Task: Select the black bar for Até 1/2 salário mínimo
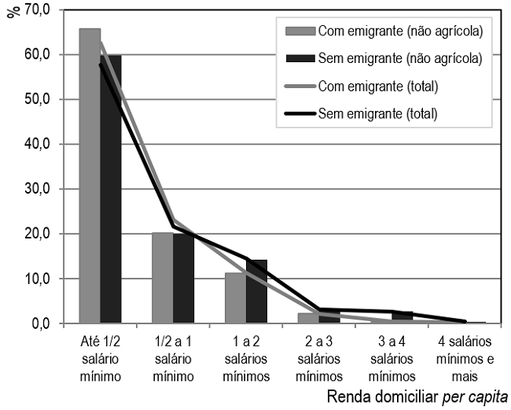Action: [111, 189]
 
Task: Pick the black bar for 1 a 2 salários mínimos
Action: [256, 291]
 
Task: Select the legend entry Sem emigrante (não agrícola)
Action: [399, 58]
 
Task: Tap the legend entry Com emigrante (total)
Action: [377, 86]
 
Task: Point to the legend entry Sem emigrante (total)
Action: [377, 113]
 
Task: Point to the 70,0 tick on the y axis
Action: [36, 10]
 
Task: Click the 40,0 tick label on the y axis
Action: [36, 144]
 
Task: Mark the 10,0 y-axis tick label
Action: [36, 279]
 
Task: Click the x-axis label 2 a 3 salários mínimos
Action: [319, 358]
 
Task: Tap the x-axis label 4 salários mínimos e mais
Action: [465, 358]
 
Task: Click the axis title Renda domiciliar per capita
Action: [417, 395]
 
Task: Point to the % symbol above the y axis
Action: [12, 12]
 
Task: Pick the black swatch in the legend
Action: [299, 58]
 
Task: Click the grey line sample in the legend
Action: [299, 86]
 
